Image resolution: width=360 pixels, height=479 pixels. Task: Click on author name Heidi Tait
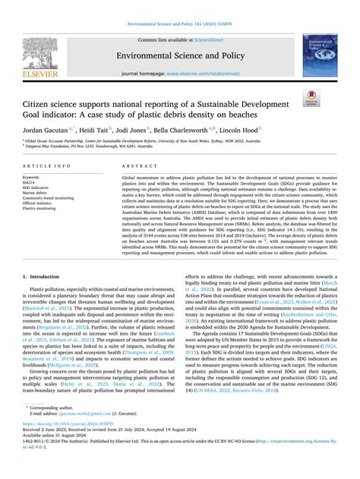pos(116,130)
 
